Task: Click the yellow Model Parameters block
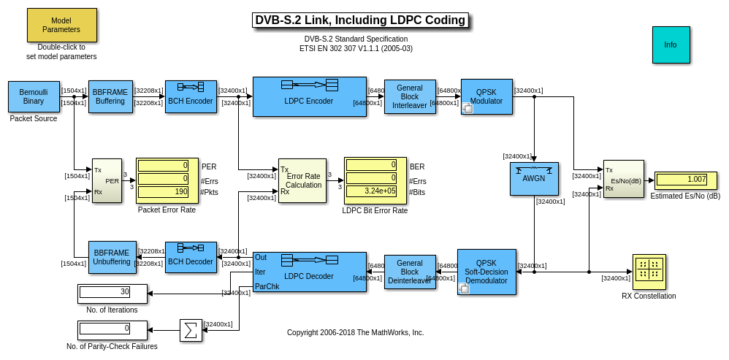[61, 26]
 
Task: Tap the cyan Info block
[671, 45]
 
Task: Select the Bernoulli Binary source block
[34, 96]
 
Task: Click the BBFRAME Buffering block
[110, 96]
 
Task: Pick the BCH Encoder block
[191, 96]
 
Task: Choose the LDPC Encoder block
[309, 96]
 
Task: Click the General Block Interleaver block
[410, 96]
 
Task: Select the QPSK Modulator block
[486, 96]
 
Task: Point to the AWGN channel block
[534, 178]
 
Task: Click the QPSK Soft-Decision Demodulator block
[486, 272]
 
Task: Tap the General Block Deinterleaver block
[410, 272]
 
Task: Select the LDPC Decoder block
[309, 272]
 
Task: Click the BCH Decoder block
[191, 257]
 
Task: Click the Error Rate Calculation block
[302, 180]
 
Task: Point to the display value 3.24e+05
[375, 191]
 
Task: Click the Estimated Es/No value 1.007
[686, 180]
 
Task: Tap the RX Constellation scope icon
[649, 271]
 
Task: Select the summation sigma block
[191, 330]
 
